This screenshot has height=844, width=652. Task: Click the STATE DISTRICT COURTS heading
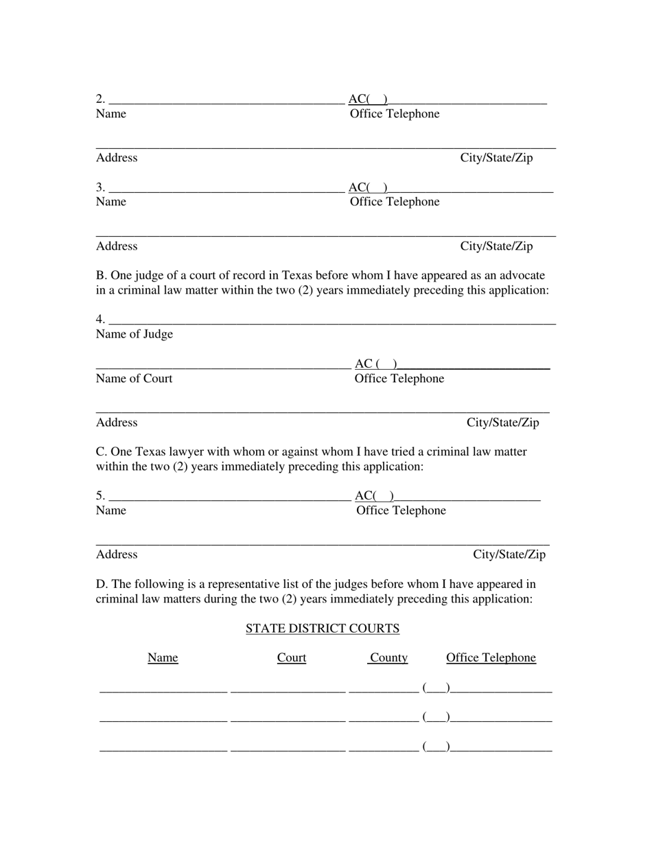323,629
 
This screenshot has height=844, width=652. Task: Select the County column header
388,658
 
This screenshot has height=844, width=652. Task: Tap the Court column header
292,658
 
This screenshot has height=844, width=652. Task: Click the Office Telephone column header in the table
491,658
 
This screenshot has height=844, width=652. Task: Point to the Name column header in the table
163,658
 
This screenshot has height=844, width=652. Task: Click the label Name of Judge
135,334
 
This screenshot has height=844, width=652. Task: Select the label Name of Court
135,379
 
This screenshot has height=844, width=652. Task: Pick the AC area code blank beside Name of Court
386,364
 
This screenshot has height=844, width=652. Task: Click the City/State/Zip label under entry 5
509,554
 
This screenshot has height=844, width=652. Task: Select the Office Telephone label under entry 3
395,202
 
